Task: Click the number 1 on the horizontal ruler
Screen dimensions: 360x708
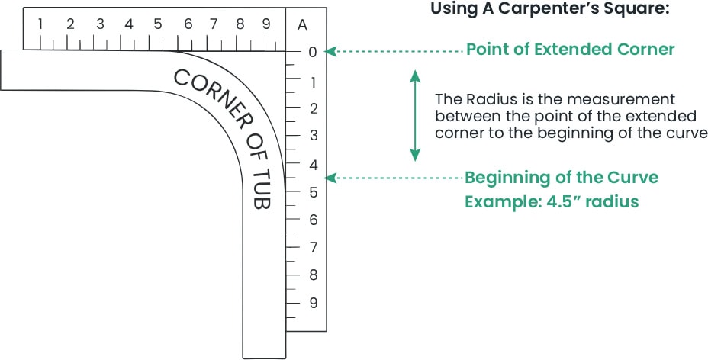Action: (40, 24)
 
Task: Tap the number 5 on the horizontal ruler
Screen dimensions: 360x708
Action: (157, 24)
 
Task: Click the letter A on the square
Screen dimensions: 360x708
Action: (302, 24)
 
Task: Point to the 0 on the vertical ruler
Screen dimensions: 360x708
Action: (312, 53)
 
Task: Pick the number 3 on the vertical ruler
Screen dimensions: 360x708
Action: (313, 136)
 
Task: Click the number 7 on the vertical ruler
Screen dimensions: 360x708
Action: (313, 247)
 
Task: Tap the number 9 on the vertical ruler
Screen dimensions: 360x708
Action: (313, 303)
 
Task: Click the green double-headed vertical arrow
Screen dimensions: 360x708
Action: (414, 115)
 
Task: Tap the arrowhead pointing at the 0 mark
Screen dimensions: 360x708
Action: (329, 52)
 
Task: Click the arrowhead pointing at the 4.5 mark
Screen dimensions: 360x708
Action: (329, 178)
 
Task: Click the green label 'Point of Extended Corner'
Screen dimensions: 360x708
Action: (570, 50)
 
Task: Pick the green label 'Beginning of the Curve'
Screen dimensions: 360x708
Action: (562, 178)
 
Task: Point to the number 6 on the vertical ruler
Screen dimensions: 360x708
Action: (313, 220)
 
